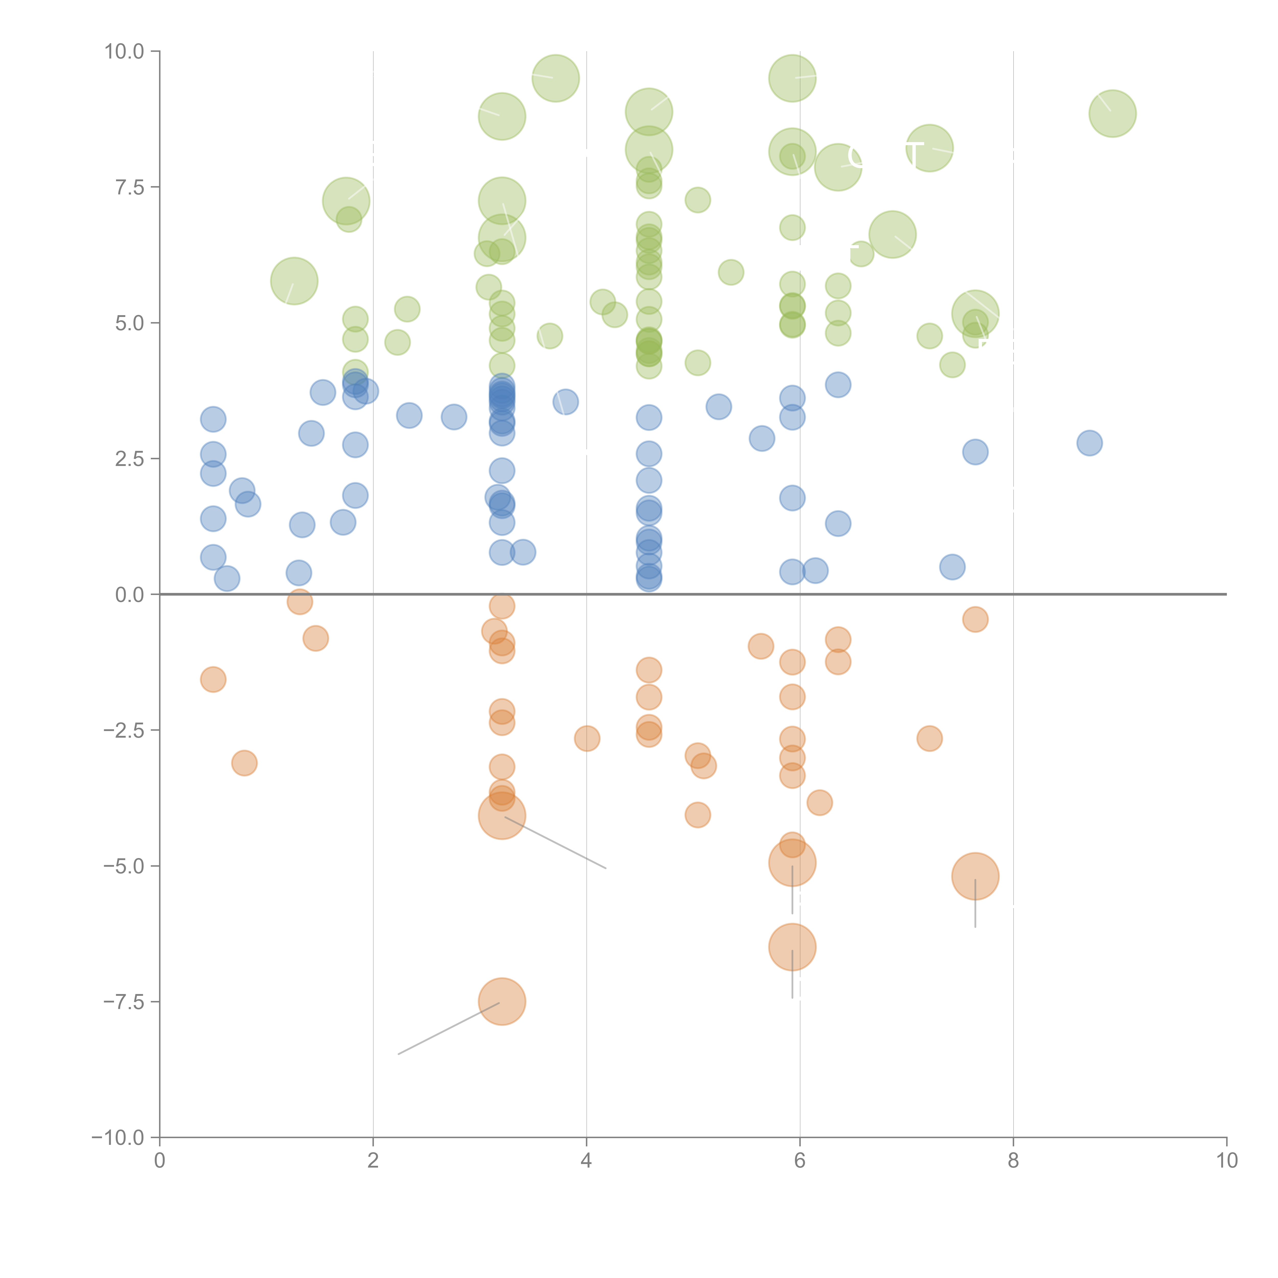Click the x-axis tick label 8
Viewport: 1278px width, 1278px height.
point(1013,1161)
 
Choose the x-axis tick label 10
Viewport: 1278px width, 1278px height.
point(1226,1161)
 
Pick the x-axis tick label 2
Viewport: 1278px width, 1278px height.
point(373,1161)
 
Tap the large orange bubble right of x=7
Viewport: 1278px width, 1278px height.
point(975,876)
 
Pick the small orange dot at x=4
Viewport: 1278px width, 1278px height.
point(587,738)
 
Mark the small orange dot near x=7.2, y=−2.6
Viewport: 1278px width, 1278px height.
point(929,738)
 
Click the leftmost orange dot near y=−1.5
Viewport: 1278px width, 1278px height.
point(213,679)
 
